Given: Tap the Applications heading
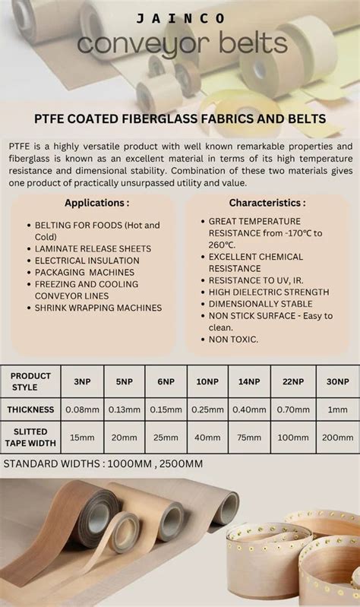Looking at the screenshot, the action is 96,203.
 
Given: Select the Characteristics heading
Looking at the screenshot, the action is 267,203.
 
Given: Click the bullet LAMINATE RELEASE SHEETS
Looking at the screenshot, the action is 93,248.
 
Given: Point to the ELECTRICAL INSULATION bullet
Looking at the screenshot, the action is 87,261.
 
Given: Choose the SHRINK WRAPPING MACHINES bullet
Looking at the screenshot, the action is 98,308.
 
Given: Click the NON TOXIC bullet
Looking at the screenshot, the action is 233,339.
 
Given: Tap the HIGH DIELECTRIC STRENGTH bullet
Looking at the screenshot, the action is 268,292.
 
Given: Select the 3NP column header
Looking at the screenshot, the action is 82,381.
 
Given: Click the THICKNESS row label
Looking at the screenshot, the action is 30,409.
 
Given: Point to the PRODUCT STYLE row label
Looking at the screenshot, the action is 30,381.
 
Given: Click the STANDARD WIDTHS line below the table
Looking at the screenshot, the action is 103,463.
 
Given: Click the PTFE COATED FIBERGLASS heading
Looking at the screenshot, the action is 180,119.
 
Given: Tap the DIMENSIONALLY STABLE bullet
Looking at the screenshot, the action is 261,303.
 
